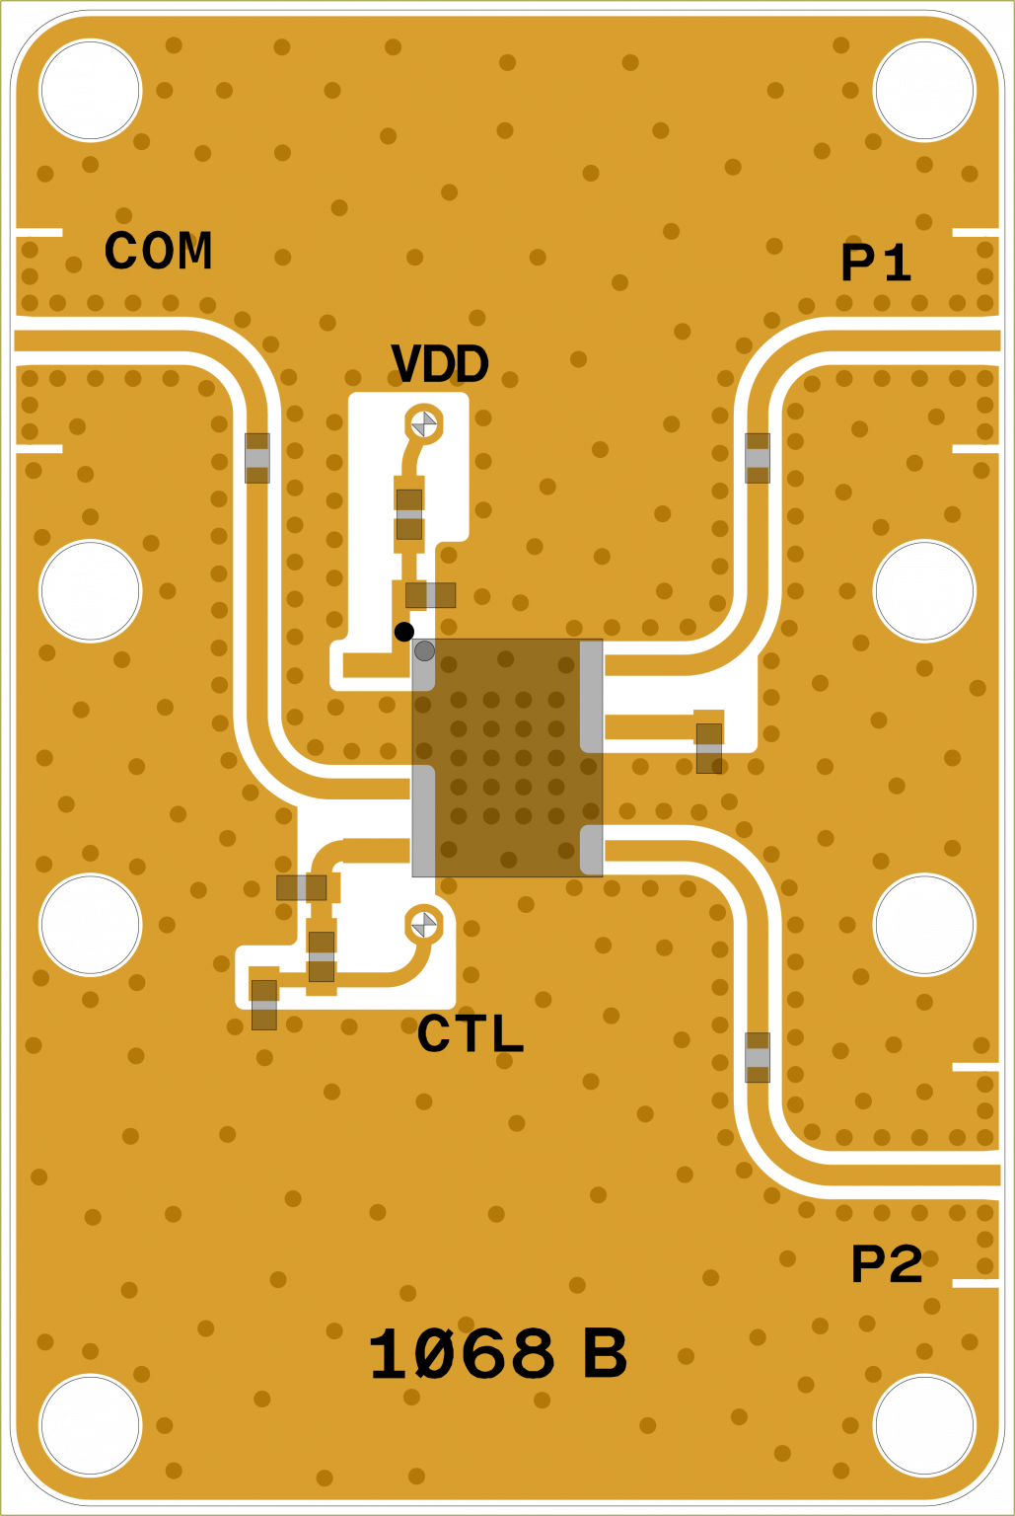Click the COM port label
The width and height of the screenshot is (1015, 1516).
[x=158, y=251]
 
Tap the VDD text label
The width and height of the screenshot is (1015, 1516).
[x=439, y=364]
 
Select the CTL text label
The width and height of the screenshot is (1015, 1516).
[x=470, y=1034]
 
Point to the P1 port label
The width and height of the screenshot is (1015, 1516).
[x=875, y=264]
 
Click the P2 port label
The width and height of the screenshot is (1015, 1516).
[x=886, y=1264]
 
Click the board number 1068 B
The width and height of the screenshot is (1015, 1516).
[x=496, y=1354]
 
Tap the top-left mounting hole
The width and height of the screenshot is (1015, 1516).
[x=91, y=91]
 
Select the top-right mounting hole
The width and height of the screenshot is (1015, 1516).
[x=924, y=91]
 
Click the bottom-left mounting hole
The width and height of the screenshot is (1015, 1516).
[x=91, y=1425]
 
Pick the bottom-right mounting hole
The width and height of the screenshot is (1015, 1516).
[x=924, y=1425]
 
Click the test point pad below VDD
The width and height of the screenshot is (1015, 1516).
[x=424, y=423]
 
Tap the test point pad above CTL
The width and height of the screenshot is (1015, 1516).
[x=424, y=925]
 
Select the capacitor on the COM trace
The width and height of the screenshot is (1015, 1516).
[x=257, y=458]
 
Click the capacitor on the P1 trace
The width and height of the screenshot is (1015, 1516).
[x=758, y=458]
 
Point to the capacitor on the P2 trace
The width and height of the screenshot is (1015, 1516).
[x=758, y=1057]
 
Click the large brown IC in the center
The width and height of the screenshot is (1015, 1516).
[x=507, y=758]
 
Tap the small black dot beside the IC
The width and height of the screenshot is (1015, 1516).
[x=403, y=632]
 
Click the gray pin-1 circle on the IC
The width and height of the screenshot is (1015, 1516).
[x=424, y=651]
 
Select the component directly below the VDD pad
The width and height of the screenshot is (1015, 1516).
[x=409, y=514]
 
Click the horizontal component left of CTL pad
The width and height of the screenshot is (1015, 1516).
[x=302, y=887]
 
